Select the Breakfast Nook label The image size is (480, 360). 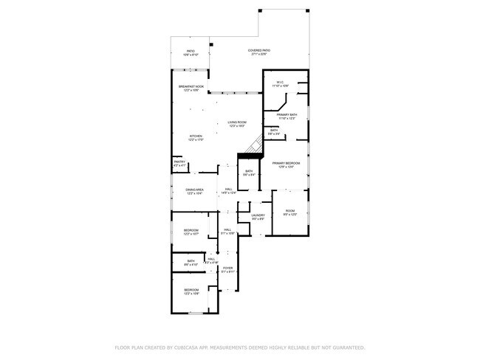tap(191, 86)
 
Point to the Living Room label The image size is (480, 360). tap(236, 122)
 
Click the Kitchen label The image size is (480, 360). tap(196, 136)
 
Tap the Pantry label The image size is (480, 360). tap(179, 161)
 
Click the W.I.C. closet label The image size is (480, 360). tap(281, 82)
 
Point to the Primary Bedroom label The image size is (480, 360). tap(286, 163)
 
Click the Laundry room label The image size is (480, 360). tap(258, 215)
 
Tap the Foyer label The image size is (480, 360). tap(228, 268)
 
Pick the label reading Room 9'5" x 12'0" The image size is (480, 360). tap(289, 212)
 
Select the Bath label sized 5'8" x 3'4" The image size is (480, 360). tap(274, 131)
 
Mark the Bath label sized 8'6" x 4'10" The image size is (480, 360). tap(191, 260)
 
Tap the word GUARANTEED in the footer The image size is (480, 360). tap(346, 347)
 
